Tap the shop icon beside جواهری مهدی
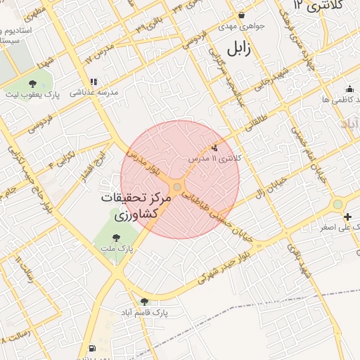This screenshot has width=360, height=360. pos(241,15)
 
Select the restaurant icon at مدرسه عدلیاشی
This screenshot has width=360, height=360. pos(94,82)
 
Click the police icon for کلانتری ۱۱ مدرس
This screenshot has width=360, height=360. pos(214,148)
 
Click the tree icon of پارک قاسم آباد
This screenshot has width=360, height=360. pos(144,301)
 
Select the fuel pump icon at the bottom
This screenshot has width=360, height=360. pos(91,348)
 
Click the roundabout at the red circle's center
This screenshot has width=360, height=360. pos(178,187)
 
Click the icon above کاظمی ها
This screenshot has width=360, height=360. pos(349,89)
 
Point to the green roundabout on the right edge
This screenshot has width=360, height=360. pos(339,204)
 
